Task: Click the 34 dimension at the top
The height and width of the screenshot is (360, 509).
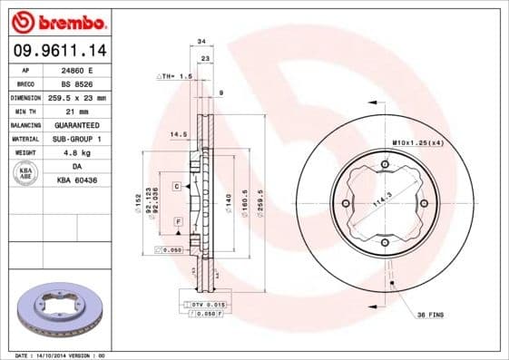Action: point(201,42)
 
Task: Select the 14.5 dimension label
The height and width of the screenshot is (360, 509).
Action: point(178,135)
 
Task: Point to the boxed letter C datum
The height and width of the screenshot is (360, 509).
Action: point(176,185)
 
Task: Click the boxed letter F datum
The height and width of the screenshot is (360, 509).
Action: point(178,222)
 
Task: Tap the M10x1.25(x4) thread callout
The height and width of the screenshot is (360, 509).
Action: point(417,143)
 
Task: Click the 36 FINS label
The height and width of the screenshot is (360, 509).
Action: point(430,315)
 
